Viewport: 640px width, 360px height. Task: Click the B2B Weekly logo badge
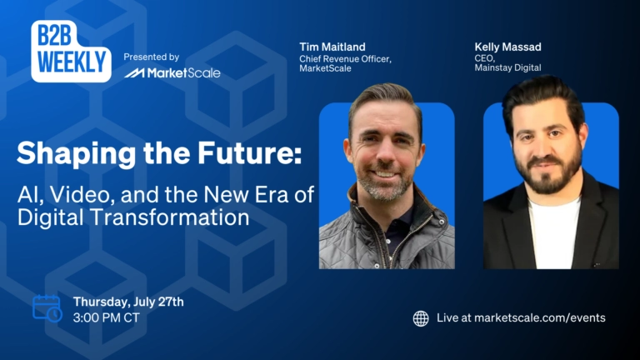[71, 51]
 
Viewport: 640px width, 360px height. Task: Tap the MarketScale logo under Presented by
[172, 73]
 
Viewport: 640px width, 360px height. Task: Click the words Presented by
[152, 57]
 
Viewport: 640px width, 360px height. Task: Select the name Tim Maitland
[332, 47]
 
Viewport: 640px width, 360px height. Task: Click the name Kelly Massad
[507, 47]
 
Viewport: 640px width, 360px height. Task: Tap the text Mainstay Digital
[507, 67]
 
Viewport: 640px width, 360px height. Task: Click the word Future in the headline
[249, 153]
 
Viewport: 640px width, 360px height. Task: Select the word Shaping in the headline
[76, 154]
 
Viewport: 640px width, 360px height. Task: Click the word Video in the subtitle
[82, 195]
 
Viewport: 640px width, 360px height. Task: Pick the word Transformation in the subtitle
[169, 217]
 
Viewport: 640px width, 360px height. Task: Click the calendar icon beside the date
[47, 308]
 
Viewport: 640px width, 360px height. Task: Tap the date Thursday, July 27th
[128, 302]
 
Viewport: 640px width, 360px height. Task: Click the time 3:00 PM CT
[107, 318]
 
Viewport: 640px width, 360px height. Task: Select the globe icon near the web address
[421, 318]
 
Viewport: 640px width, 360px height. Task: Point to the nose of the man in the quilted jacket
[383, 154]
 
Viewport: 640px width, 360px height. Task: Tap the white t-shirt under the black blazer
[554, 233]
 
